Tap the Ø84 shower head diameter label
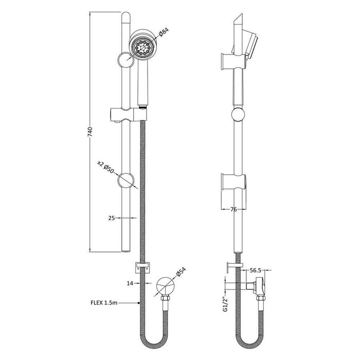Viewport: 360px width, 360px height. pyautogui.click(x=164, y=33)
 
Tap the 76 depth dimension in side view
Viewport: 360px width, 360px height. pyautogui.click(x=234, y=209)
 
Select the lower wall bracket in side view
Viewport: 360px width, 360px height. pyautogui.click(x=232, y=182)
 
